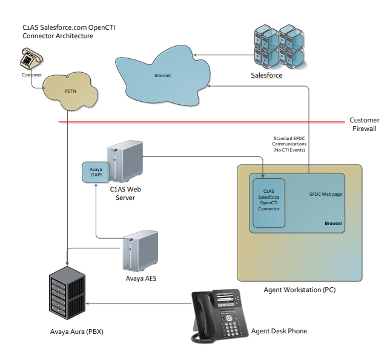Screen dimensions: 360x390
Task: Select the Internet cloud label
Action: (x=163, y=76)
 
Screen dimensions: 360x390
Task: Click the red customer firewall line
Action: (x=200, y=122)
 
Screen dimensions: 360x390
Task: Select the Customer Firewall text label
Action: (x=365, y=124)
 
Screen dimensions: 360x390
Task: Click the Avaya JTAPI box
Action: (x=94, y=172)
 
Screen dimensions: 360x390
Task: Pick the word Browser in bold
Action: (x=333, y=223)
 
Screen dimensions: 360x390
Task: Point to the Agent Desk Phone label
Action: (x=279, y=331)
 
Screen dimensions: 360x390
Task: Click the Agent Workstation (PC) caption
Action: (x=299, y=290)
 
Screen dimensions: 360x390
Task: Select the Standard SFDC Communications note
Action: (x=289, y=144)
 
